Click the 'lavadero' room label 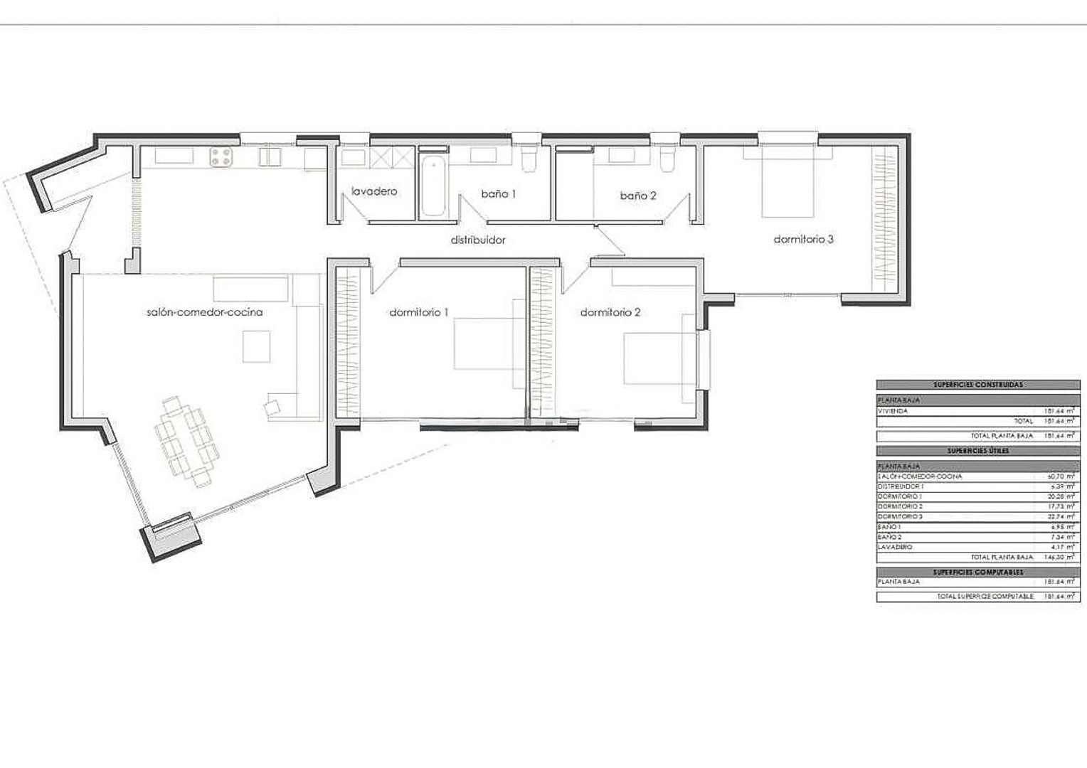pos(374,191)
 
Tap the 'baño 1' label pos(498,193)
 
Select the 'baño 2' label pos(637,196)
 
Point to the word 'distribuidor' pos(478,240)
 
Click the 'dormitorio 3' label pos(803,240)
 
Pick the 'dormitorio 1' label pos(419,312)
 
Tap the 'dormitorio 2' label pos(610,312)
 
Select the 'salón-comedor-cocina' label pos(204,312)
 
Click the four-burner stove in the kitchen pos(221,157)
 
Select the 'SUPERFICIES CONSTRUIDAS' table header pos(978,385)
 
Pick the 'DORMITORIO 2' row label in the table pos(900,506)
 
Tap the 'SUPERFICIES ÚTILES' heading pos(978,451)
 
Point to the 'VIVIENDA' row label pos(893,411)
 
